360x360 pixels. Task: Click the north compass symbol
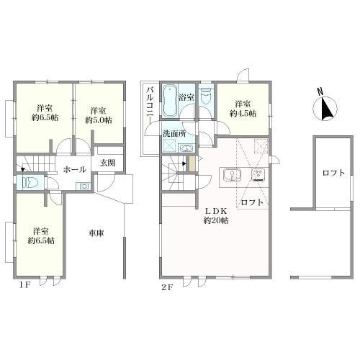325,106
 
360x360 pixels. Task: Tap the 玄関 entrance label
108,163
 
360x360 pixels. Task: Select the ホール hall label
75,169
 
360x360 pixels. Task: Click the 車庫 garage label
96,233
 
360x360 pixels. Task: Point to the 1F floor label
24,285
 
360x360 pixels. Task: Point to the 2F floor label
167,287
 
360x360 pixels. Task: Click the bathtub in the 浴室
170,101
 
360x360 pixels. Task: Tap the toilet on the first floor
30,183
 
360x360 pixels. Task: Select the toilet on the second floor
205,96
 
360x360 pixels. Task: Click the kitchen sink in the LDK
233,174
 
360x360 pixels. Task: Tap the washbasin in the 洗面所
186,148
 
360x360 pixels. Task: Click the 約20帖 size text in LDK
216,220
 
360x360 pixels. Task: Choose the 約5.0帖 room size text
99,120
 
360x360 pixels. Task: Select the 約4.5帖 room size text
243,113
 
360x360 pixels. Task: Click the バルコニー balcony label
150,105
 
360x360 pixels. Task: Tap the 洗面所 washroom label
174,133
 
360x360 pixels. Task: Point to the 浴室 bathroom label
186,97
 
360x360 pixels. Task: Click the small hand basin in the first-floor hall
84,186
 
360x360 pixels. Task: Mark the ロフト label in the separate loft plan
333,173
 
